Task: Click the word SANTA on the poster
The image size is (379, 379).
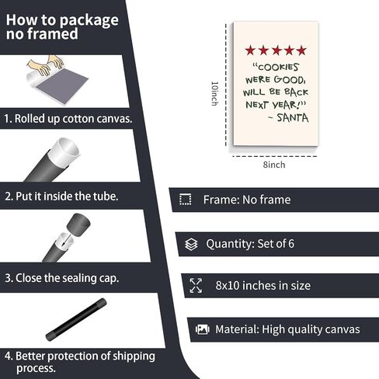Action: (x=293, y=118)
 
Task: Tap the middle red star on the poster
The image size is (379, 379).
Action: (x=276, y=50)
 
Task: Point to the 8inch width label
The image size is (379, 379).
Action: (x=274, y=165)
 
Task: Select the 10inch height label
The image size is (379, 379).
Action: (x=214, y=94)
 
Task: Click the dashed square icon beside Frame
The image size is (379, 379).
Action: (x=186, y=200)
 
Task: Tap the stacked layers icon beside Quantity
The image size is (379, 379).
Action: (x=191, y=244)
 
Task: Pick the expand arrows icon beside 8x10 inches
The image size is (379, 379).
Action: (x=196, y=286)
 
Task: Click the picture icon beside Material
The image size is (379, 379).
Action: (x=203, y=329)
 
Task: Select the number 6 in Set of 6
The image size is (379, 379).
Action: (x=291, y=244)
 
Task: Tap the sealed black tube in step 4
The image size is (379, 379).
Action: (x=76, y=319)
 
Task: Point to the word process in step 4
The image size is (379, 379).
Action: (x=36, y=368)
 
